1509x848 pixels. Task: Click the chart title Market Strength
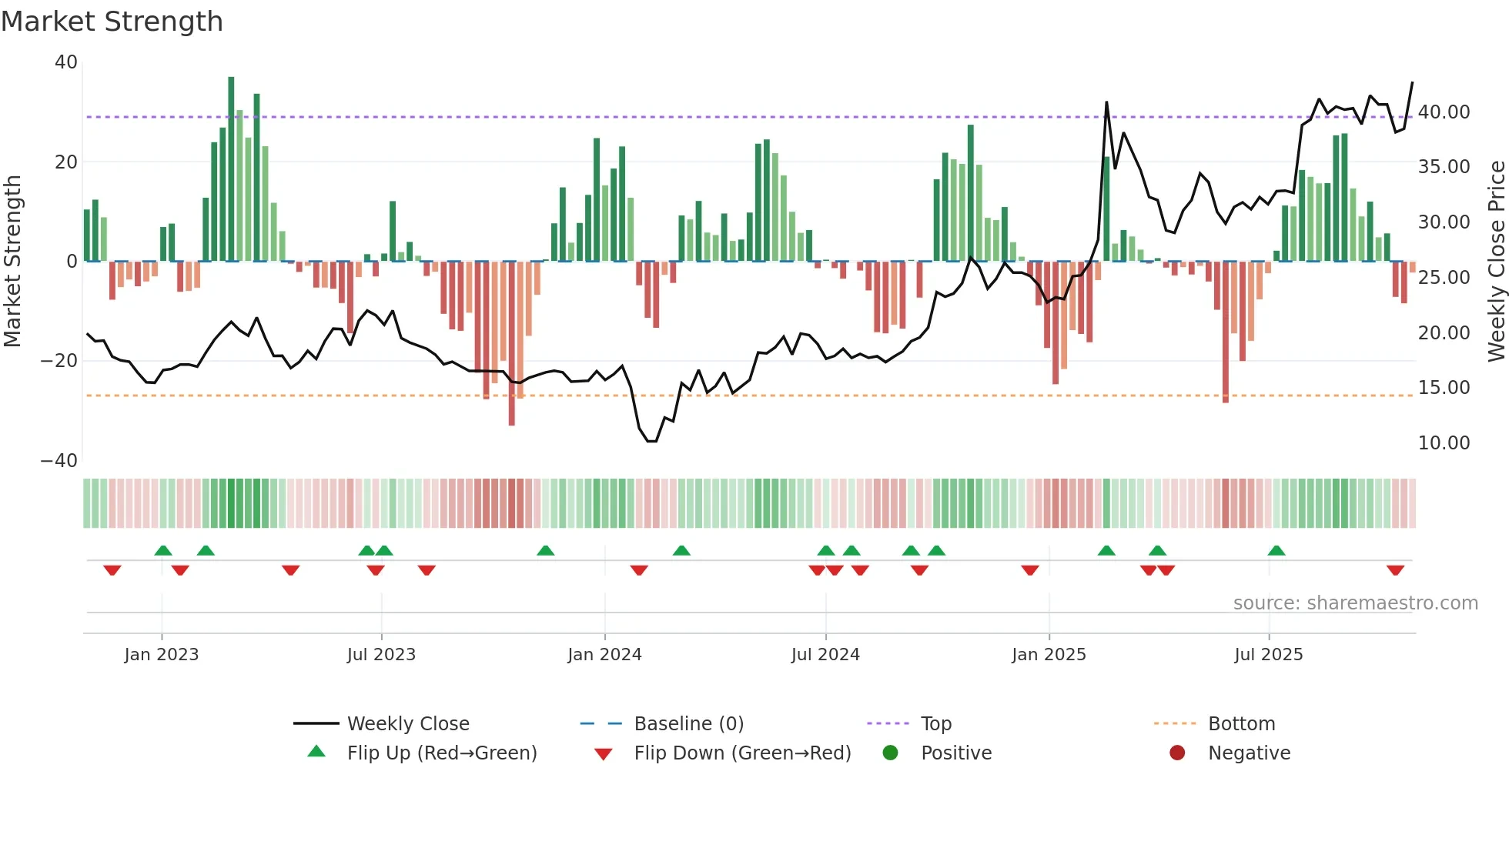pyautogui.click(x=112, y=22)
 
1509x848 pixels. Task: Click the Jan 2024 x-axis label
pyautogui.click(x=604, y=655)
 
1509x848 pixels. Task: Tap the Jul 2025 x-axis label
pyautogui.click(x=1268, y=655)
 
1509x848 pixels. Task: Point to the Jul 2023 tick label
pyautogui.click(x=381, y=655)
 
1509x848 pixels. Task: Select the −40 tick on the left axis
pyautogui.click(x=59, y=461)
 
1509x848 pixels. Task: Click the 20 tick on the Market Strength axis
pyautogui.click(x=66, y=162)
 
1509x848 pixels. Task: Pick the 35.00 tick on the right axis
pyautogui.click(x=1444, y=167)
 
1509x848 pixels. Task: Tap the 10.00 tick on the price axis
pyautogui.click(x=1444, y=443)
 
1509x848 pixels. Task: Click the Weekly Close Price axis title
pyautogui.click(x=1496, y=262)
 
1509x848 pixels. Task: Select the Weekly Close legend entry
pyautogui.click(x=408, y=724)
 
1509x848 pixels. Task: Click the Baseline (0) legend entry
pyautogui.click(x=688, y=724)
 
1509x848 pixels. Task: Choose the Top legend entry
pyautogui.click(x=935, y=724)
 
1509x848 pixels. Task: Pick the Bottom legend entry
pyautogui.click(x=1241, y=724)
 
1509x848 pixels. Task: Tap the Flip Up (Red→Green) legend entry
pyautogui.click(x=441, y=753)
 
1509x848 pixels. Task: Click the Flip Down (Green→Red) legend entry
pyautogui.click(x=742, y=753)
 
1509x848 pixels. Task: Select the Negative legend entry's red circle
pyautogui.click(x=1177, y=753)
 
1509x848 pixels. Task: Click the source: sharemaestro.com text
pyautogui.click(x=1355, y=603)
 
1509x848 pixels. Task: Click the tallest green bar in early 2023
pyautogui.click(x=231, y=169)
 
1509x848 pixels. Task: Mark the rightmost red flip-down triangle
pyautogui.click(x=1395, y=570)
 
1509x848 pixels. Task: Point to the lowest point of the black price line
pyautogui.click(x=651, y=441)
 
